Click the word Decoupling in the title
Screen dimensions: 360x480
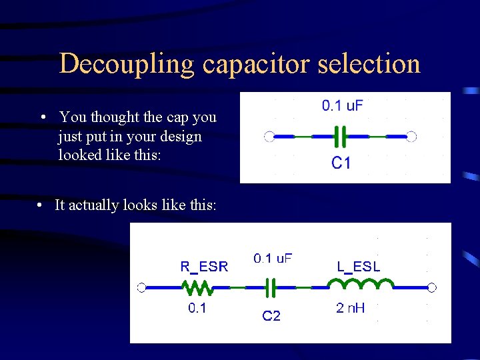point(127,65)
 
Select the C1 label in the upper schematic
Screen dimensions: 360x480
point(341,163)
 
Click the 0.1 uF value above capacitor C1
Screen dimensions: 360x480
point(343,105)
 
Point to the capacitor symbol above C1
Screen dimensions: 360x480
point(341,137)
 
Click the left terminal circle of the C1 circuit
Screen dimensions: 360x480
point(269,137)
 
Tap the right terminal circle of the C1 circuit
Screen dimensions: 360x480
point(411,137)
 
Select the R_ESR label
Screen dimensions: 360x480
point(204,267)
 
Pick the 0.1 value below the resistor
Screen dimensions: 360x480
point(197,308)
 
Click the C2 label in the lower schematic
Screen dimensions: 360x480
point(271,316)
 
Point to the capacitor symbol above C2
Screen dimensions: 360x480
point(271,288)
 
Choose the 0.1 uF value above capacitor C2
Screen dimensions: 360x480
point(273,259)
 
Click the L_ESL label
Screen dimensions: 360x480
point(358,267)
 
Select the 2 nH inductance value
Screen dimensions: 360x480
point(350,308)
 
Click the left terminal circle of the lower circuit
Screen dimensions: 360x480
point(141,287)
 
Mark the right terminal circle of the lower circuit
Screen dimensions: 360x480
point(432,287)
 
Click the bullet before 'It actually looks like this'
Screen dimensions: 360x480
point(41,205)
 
